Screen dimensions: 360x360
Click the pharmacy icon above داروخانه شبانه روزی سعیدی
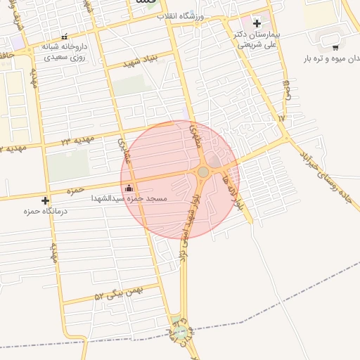click(65, 37)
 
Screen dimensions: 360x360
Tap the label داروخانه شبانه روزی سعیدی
click(64, 51)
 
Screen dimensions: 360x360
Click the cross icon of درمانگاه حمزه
click(46, 200)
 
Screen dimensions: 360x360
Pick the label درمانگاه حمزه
click(39, 212)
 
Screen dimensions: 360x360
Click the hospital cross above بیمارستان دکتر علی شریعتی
click(257, 23)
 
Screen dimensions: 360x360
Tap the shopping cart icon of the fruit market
click(335, 48)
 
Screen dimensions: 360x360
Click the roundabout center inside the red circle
click(202, 172)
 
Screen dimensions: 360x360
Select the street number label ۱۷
click(281, 118)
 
